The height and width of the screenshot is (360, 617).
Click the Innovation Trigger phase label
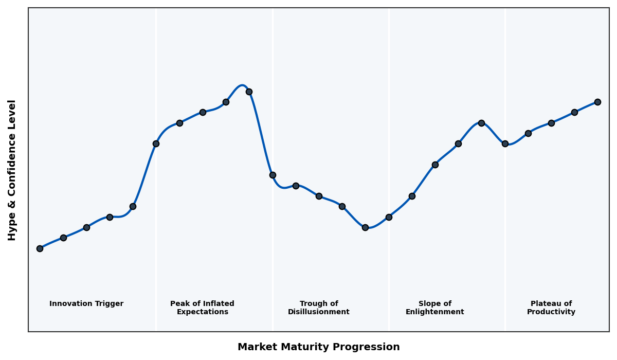pos(86,304)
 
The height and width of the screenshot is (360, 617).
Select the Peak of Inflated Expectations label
pos(202,308)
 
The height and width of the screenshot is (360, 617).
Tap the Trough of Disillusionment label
pos(318,308)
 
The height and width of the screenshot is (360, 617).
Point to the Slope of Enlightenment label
pos(434,308)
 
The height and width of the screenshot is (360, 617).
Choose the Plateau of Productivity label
pos(551,308)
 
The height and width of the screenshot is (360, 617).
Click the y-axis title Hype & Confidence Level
pos(12,170)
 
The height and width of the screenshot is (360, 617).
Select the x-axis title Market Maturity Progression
pos(318,347)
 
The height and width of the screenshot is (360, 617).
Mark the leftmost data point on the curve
pos(40,248)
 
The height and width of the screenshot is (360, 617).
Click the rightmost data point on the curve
pos(597,102)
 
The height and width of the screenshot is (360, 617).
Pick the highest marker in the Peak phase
pos(249,92)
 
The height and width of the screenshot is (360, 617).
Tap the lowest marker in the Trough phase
pos(365,227)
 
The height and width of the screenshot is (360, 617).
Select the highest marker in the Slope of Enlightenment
pos(481,123)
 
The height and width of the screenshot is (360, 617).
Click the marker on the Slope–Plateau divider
pos(505,143)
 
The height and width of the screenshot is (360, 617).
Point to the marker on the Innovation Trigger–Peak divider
pos(156,143)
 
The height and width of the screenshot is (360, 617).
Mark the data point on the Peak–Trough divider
pos(273,175)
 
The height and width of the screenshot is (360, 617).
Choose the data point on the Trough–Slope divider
pos(389,217)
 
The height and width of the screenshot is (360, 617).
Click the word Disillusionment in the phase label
pos(318,312)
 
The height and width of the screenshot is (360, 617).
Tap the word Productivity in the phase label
pos(551,312)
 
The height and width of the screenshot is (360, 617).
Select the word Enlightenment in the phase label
pos(434,312)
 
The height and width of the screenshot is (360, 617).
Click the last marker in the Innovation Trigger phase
pos(133,206)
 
